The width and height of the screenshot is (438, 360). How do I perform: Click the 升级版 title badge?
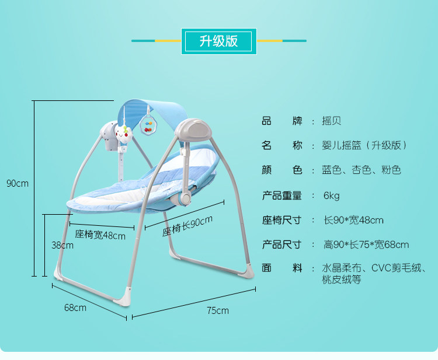coord(219,41)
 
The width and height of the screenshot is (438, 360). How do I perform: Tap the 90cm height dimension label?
coord(18,183)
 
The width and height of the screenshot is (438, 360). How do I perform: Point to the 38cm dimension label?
coord(62,245)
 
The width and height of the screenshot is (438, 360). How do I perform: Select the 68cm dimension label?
coord(75,307)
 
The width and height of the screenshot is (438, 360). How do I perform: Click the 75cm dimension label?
coord(218,310)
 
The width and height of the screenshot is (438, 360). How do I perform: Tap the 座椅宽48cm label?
coord(100,235)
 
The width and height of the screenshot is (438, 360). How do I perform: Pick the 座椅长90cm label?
coord(187,226)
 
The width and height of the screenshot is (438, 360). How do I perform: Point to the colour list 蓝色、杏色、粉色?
coord(361,170)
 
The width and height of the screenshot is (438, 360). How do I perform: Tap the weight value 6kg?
coord(331,195)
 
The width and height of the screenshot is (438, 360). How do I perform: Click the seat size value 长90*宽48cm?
coord(353,220)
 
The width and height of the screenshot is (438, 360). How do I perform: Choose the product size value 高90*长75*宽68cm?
coord(366,244)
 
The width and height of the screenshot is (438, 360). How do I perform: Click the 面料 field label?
coord(282,268)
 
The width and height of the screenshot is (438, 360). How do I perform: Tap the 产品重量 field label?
coord(282,195)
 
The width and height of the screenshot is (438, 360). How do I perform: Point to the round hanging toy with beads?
coord(148,123)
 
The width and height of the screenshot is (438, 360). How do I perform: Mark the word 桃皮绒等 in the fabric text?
coord(342,281)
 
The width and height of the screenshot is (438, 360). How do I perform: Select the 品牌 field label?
coord(282,121)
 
